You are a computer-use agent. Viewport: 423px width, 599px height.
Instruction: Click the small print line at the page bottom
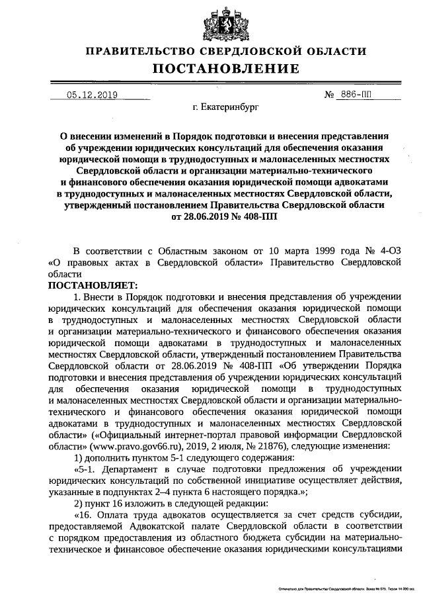tap(346, 588)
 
